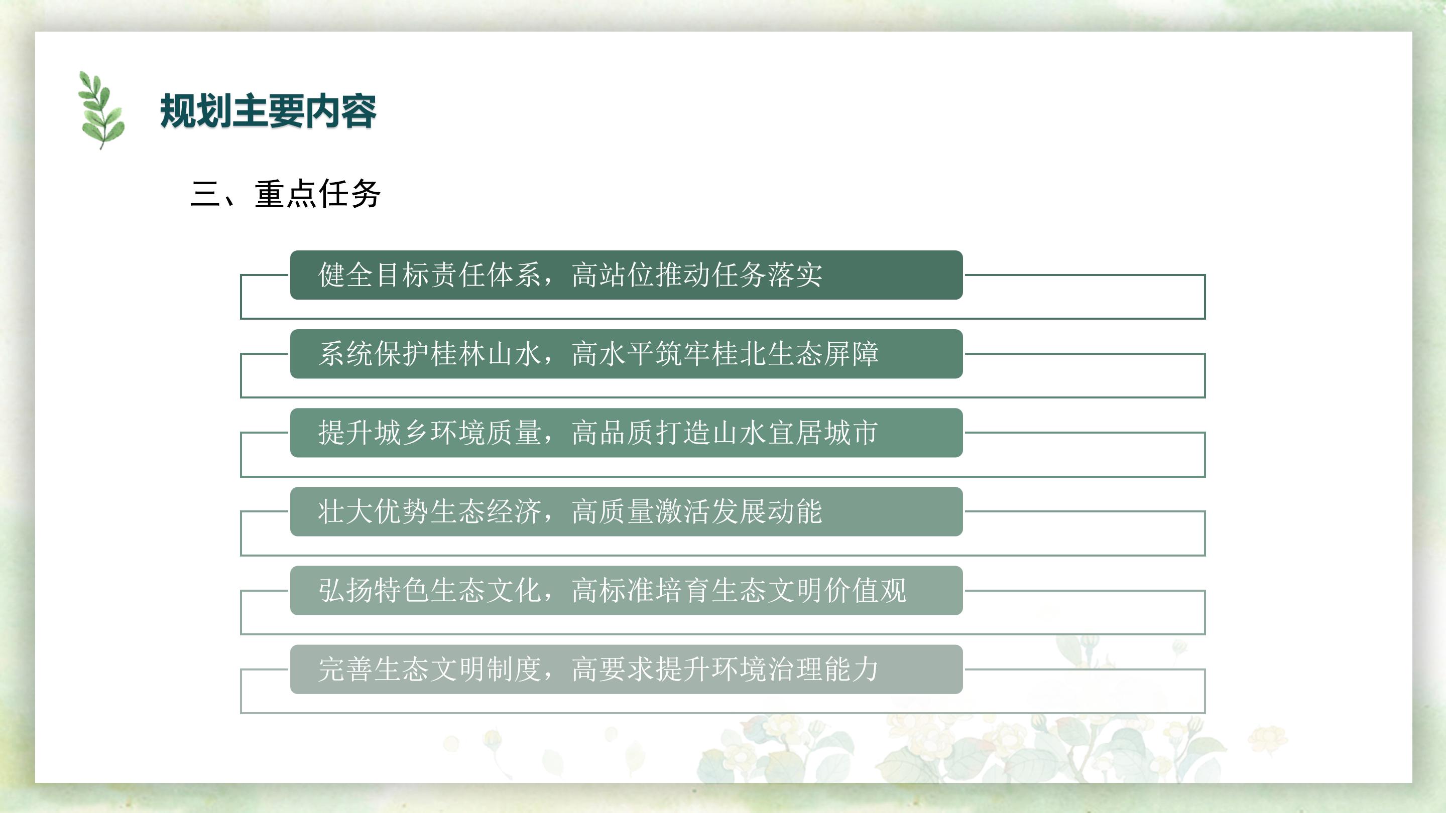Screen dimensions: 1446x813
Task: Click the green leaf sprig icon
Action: [101, 110]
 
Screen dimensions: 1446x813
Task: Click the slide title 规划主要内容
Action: [268, 111]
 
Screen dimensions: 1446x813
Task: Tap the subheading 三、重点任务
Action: [286, 194]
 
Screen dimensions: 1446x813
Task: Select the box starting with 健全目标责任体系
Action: [627, 275]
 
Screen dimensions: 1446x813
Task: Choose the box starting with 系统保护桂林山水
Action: [627, 354]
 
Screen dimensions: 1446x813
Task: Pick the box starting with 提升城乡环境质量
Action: [627, 433]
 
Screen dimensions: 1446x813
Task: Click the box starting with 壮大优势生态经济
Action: [627, 512]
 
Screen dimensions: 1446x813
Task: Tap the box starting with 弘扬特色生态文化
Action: [627, 590]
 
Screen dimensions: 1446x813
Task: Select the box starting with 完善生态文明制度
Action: [627, 669]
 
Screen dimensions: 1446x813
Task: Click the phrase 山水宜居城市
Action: [794, 433]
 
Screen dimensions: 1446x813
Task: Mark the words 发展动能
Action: [766, 512]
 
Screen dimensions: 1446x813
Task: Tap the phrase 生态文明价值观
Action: [808, 590]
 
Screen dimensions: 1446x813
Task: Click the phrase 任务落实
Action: [766, 275]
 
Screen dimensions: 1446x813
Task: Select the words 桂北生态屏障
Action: [794, 354]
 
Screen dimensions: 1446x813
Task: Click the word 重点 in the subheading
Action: [286, 194]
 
